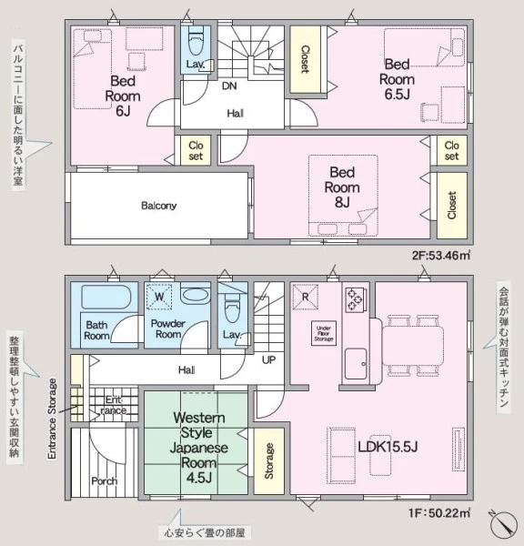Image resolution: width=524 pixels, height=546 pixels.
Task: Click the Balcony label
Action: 159,206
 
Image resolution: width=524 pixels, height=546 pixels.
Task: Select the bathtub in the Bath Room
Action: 106,297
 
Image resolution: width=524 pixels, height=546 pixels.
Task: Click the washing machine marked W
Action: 159,297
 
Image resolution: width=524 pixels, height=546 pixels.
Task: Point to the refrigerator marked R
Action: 306,297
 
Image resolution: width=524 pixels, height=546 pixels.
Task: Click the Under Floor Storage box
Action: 324,333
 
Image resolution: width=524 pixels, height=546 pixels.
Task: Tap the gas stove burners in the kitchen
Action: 355,299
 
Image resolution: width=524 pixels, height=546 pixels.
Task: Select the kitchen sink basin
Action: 356,363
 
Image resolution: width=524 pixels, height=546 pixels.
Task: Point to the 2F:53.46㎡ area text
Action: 441,256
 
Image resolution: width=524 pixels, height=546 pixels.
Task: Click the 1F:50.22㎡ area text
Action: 440,513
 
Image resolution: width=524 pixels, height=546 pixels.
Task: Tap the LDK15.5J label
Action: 388,447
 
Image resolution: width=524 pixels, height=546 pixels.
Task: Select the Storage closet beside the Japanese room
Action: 268,460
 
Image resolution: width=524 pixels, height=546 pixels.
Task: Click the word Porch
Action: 104,481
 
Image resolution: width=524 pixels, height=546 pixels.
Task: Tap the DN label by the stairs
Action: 229,86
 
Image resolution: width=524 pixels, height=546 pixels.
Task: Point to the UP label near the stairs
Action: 268,359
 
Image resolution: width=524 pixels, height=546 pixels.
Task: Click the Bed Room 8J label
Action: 342,187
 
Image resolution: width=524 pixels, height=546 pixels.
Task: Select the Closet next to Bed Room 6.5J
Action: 306,59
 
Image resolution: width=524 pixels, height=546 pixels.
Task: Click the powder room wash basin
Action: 196,296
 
